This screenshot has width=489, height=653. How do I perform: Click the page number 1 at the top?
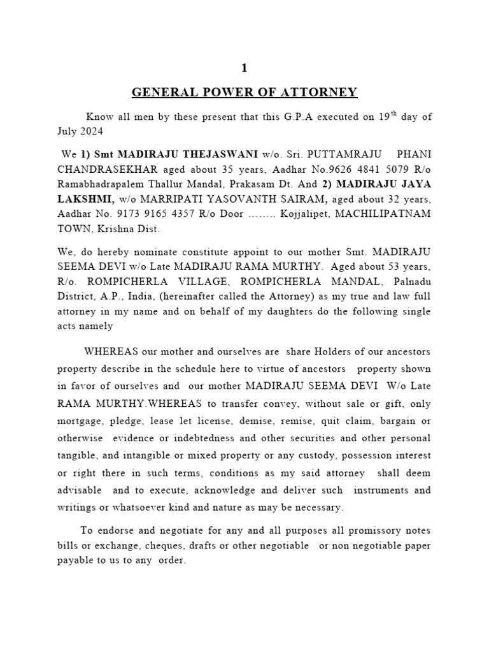244,68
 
